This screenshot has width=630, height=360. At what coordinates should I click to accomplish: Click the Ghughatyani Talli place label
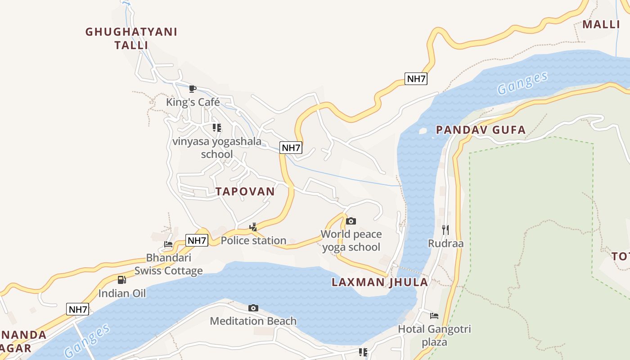[x=131, y=38]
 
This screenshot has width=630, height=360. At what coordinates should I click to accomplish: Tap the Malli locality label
[x=601, y=24]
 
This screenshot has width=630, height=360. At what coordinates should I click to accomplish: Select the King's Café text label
[x=193, y=102]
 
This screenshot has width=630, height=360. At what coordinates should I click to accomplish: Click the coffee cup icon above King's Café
[x=193, y=89]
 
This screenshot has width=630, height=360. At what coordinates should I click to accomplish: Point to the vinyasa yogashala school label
[x=217, y=148]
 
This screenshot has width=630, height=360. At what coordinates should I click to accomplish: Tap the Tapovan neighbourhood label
[x=245, y=191]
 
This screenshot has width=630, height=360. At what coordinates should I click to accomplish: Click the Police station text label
[x=253, y=240]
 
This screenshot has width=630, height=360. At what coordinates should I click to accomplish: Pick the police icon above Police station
[x=253, y=227]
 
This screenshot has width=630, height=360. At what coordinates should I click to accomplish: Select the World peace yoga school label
[x=351, y=240]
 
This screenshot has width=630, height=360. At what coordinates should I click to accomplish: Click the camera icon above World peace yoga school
[x=351, y=221]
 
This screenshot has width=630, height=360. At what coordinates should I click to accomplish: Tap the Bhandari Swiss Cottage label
[x=169, y=264]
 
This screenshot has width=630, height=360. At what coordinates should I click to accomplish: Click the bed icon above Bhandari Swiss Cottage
[x=168, y=244]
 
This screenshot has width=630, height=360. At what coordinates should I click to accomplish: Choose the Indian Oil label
[x=122, y=293]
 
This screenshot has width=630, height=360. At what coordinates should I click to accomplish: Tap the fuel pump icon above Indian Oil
[x=121, y=280]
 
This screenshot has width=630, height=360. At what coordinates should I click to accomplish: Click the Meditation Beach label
[x=253, y=321]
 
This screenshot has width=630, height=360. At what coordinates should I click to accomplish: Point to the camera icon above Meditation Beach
[x=253, y=308]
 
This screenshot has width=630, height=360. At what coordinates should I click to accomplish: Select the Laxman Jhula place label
[x=380, y=282]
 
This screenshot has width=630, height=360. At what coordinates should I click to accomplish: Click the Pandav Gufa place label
[x=481, y=130]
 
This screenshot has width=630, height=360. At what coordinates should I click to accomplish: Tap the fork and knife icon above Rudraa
[x=445, y=230]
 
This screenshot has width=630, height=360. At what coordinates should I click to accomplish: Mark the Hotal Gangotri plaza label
[x=434, y=335]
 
